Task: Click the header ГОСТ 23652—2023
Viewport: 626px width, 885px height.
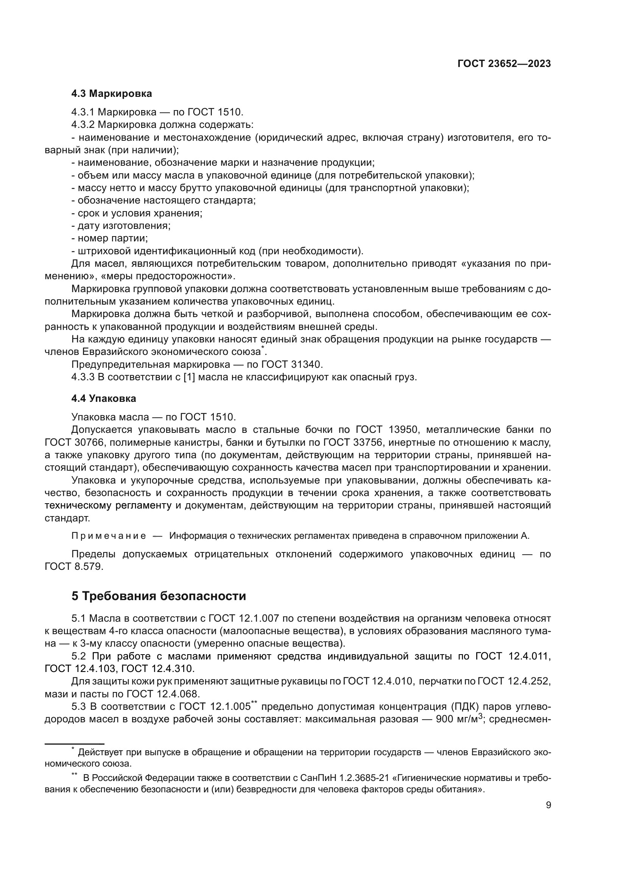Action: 504,64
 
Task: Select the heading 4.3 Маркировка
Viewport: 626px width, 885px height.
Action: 111,94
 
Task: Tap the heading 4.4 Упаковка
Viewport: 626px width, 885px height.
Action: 104,398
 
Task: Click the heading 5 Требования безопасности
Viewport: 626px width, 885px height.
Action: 159,596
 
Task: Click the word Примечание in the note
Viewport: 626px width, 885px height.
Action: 109,536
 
